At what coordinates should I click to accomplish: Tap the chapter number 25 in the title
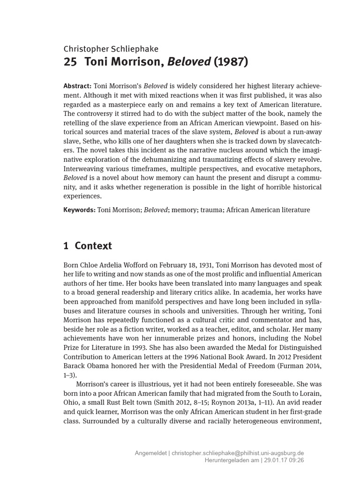pos(69,62)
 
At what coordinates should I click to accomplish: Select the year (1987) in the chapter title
pos(230,62)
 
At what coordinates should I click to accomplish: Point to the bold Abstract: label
pos(77,87)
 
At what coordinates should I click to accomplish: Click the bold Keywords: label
pos(79,210)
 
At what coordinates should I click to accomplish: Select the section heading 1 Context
pos(88,246)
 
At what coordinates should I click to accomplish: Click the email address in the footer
pos(238,453)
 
